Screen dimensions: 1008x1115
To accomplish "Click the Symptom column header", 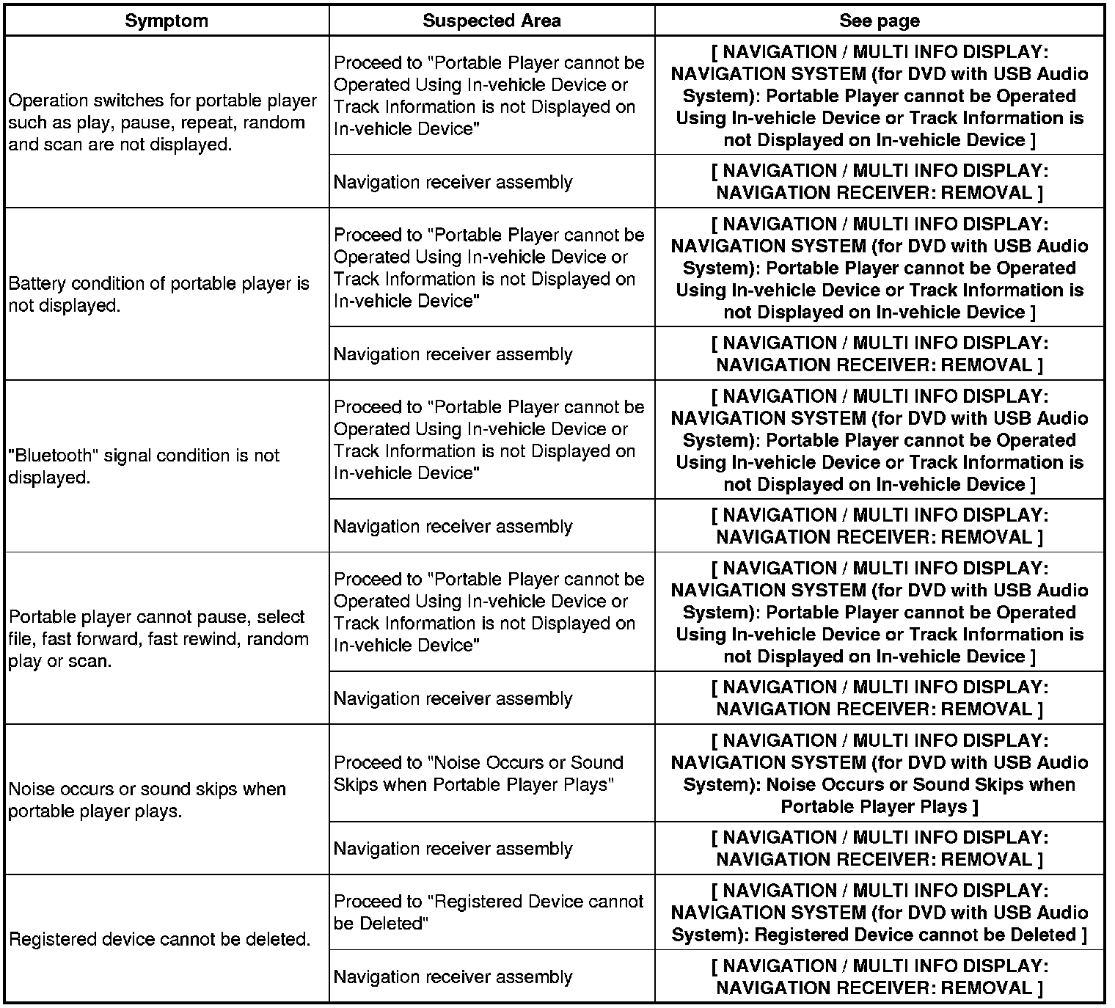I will coord(167,21).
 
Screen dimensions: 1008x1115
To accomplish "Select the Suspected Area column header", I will coord(491,21).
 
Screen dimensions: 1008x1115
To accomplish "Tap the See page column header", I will coord(879,21).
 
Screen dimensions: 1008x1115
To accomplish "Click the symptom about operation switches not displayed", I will coord(163,123).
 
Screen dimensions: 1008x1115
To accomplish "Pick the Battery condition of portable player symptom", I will coord(159,294).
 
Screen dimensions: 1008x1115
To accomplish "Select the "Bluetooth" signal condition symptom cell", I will coord(144,466).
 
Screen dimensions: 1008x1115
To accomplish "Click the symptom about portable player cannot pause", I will coord(158,638).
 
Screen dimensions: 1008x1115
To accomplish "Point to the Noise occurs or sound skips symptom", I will coord(147,800).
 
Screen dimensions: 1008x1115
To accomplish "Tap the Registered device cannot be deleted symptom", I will coord(159,939).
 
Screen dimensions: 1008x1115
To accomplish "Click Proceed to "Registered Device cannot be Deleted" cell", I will coord(489,912).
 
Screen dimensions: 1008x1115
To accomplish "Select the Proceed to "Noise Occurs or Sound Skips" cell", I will coord(478,773).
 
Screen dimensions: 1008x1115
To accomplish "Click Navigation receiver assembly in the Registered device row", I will coord(453,976).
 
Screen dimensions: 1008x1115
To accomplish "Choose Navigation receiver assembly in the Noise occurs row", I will coord(453,848).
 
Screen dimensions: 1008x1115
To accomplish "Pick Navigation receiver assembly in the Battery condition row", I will coord(453,354).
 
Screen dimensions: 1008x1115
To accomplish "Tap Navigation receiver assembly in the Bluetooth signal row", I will coord(453,526).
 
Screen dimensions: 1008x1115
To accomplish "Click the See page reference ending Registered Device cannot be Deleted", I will coord(879,913).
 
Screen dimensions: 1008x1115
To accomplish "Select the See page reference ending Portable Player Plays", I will coord(879,773).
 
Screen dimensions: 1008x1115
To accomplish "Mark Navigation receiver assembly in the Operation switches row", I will coord(453,181).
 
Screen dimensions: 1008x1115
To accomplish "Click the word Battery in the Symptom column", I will coord(36,283).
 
